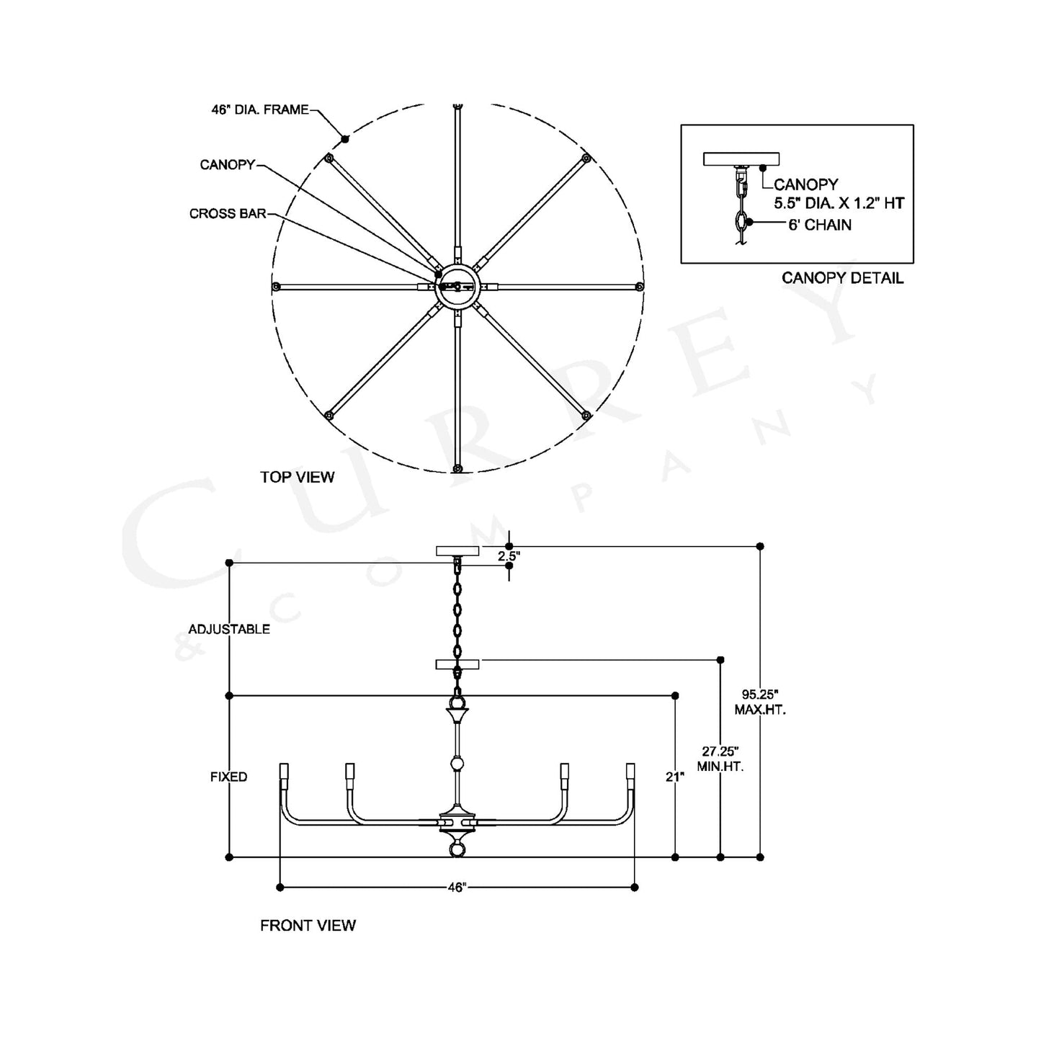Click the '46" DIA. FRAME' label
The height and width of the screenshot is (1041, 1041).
coord(260,110)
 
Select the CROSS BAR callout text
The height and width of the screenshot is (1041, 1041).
coord(228,214)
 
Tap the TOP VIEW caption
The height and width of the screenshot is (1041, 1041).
coord(297,477)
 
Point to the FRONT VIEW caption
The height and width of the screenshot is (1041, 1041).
coord(308,926)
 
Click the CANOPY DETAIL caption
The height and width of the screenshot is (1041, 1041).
coord(842,278)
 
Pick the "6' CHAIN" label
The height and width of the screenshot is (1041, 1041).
coord(820,225)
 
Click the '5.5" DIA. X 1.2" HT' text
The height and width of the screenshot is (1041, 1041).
coord(839,203)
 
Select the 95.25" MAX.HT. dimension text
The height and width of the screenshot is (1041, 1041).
coord(759,702)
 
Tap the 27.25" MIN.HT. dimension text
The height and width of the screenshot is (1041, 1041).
coord(720,759)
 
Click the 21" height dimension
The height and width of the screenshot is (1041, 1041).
coord(675,777)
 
